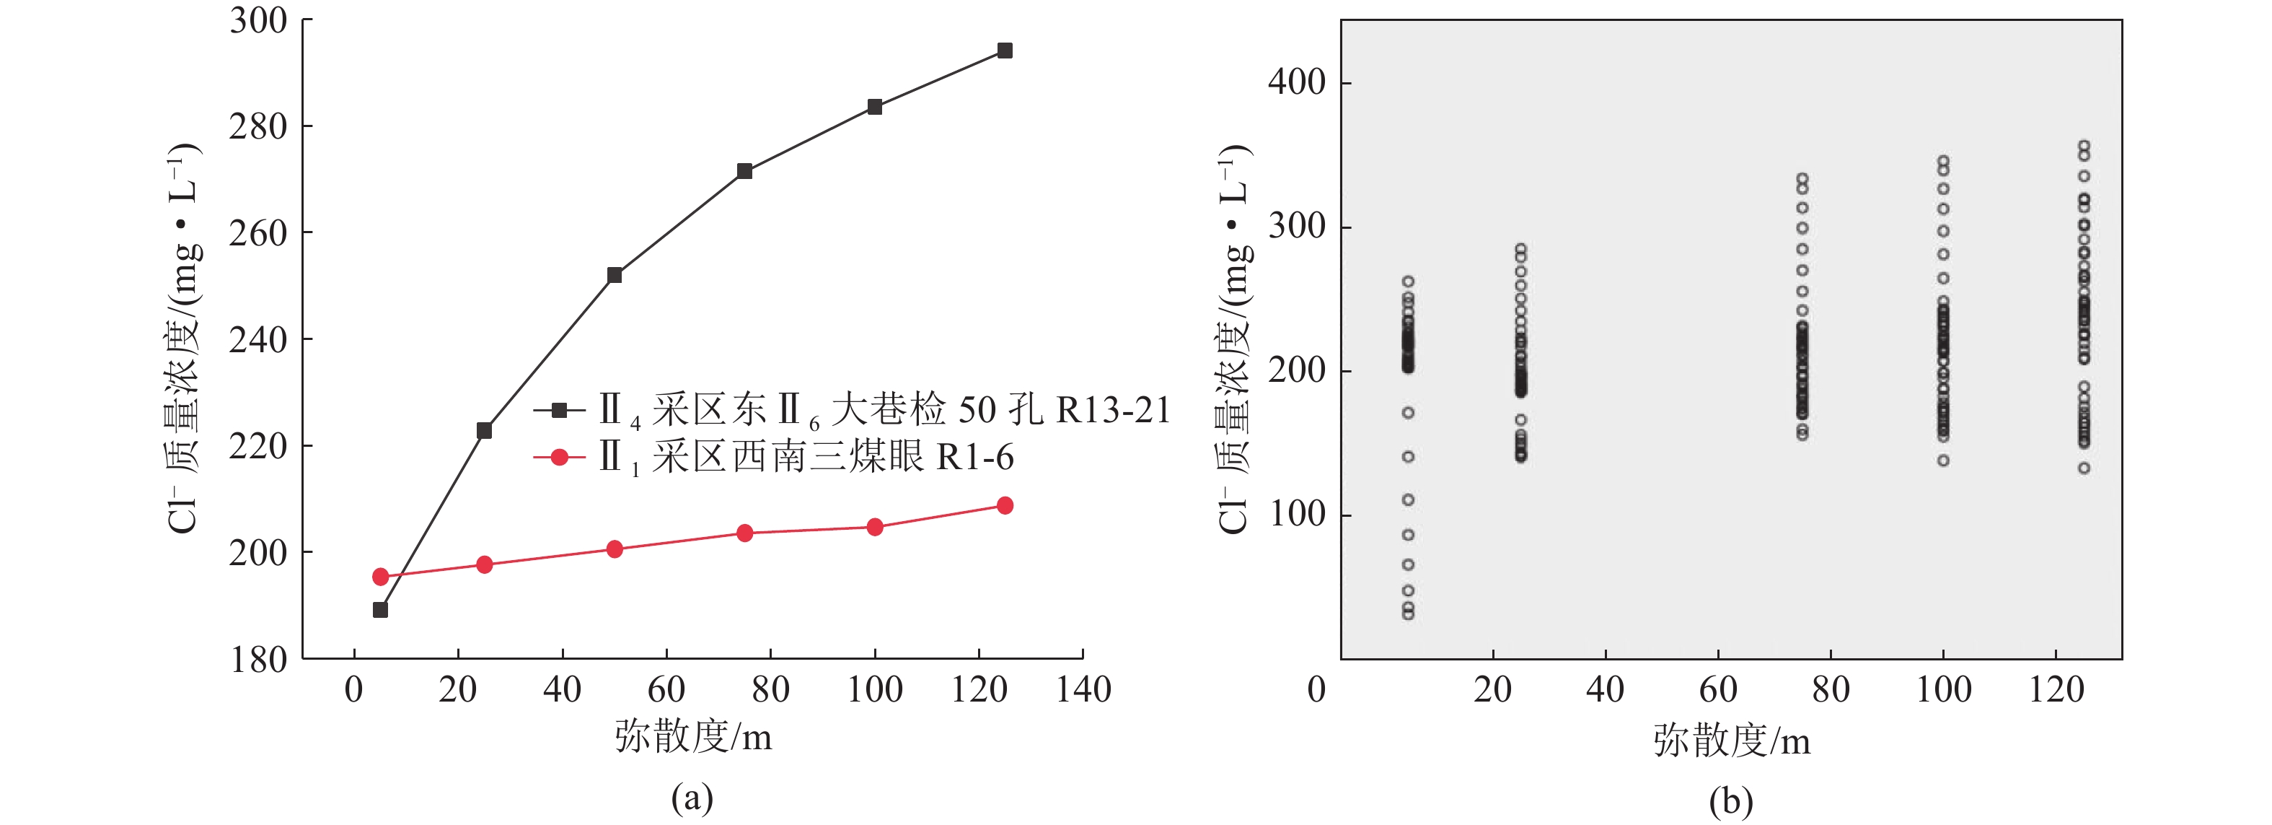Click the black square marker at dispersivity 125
pos(1005,51)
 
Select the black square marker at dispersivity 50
pos(615,275)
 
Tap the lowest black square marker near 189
pos(380,610)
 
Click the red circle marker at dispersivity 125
pos(1005,505)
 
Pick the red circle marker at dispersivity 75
pos(744,533)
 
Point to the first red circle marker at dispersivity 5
pos(380,577)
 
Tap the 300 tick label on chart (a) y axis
pos(257,20)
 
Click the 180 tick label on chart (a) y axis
pos(257,659)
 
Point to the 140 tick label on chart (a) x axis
pos(1083,689)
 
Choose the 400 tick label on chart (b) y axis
pos(1297,82)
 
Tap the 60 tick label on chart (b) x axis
pos(1718,689)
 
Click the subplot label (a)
pos(692,798)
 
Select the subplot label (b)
pos(1730,801)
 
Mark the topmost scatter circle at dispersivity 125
pos(2083,146)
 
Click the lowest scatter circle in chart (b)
pos(1408,614)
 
